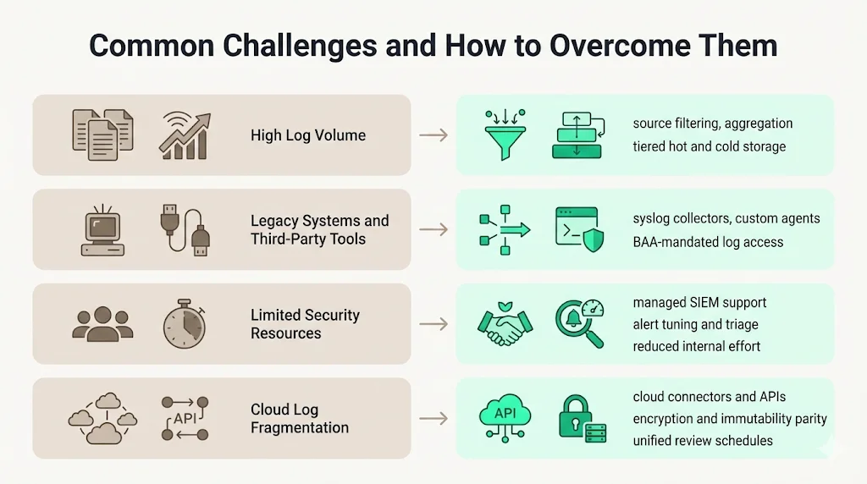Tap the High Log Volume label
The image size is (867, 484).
308,135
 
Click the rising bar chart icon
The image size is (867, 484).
184,136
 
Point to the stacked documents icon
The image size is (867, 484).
102,135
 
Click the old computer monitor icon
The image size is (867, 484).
102,229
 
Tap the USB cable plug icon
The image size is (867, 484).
185,229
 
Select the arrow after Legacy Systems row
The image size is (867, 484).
433,230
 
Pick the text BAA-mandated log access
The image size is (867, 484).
708,242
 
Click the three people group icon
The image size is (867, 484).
102,324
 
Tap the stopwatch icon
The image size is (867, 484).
184,323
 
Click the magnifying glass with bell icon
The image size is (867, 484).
580,323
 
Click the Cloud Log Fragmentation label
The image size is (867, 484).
300,419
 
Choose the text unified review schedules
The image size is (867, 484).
703,440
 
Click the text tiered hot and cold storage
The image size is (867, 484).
710,146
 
